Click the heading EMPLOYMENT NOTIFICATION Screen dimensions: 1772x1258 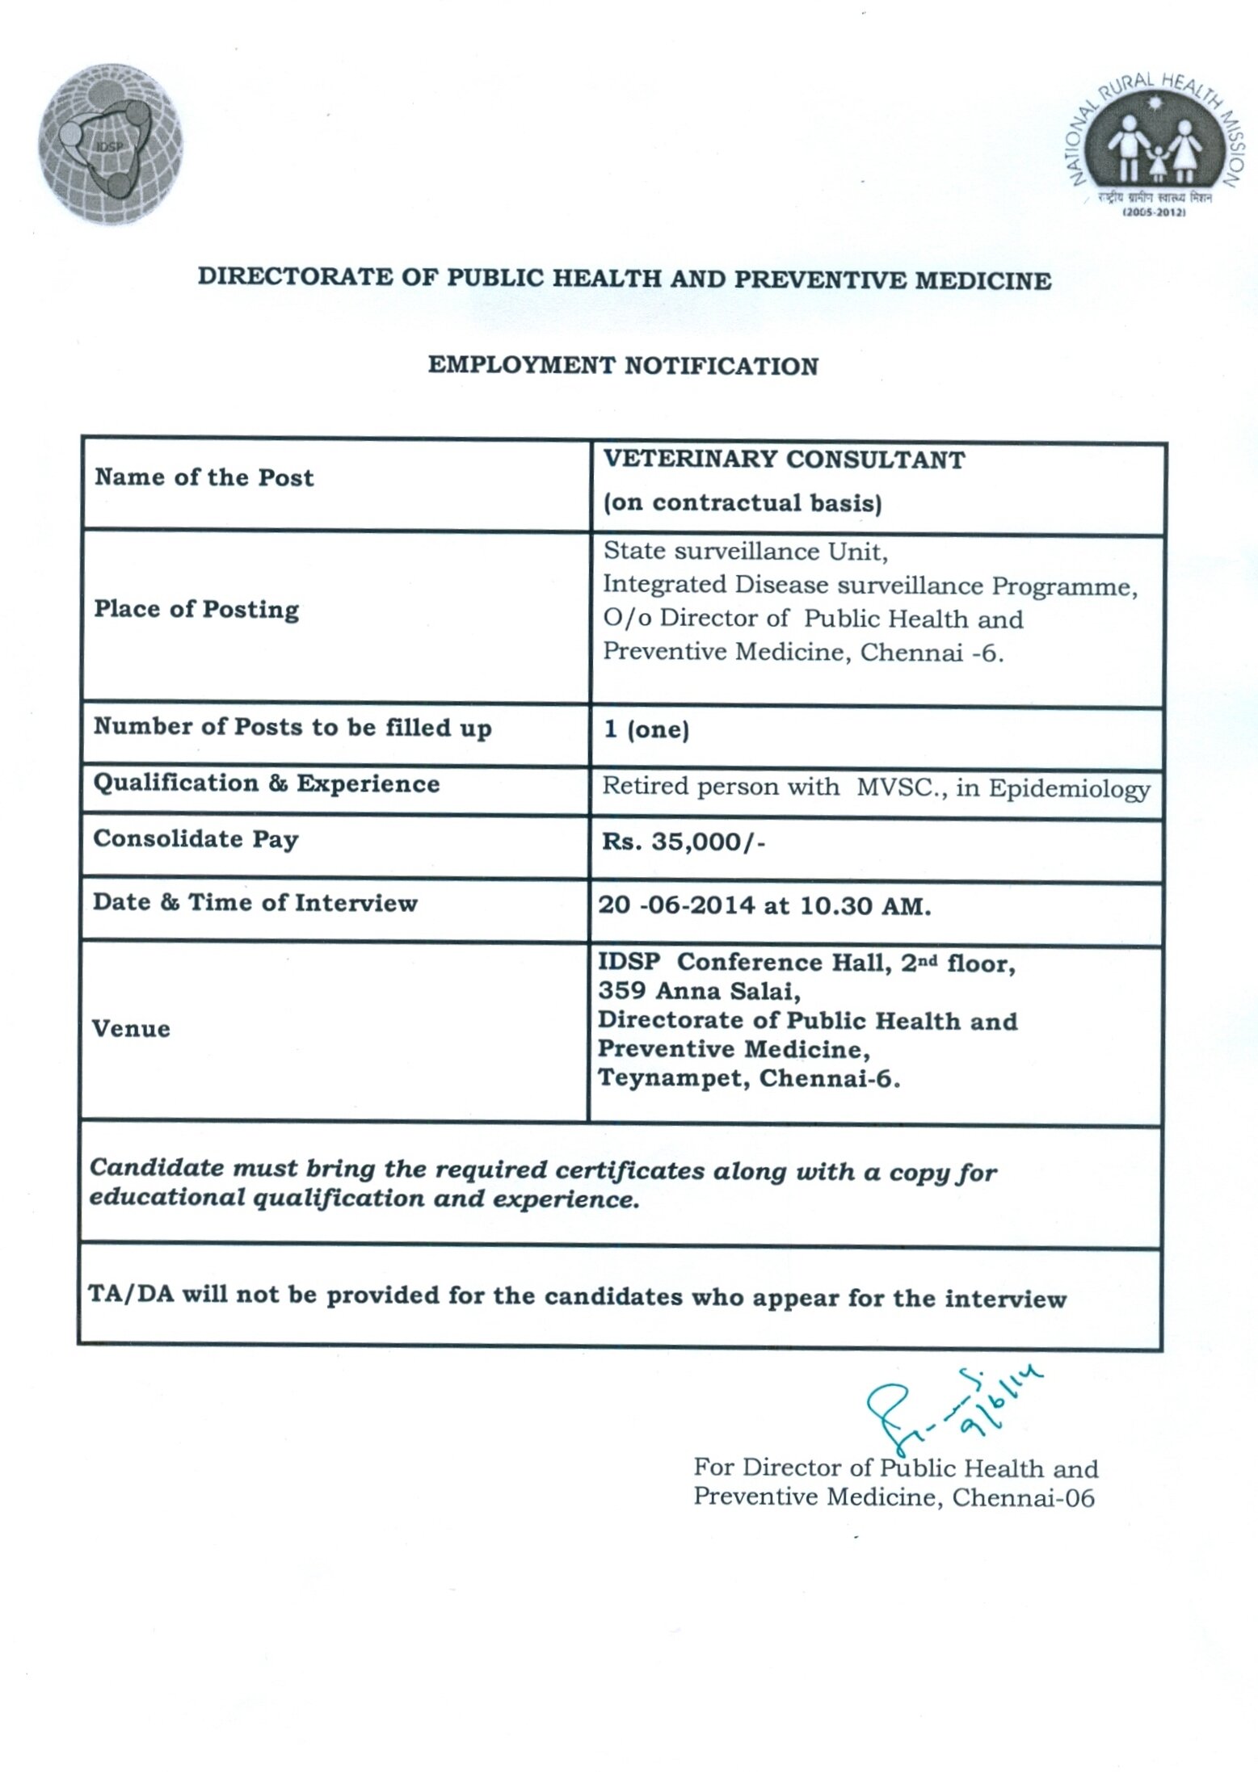pyautogui.click(x=623, y=366)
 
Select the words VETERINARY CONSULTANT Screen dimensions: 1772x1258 pyautogui.click(x=785, y=460)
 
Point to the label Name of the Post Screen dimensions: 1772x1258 pyautogui.click(x=204, y=477)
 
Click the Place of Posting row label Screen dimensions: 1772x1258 pyautogui.click(x=196, y=609)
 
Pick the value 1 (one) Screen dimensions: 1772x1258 pyautogui.click(x=646, y=729)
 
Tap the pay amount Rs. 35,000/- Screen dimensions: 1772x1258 pyautogui.click(x=684, y=842)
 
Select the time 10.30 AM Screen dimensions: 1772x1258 pyautogui.click(x=865, y=906)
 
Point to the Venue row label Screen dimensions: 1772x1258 pyautogui.click(x=131, y=1029)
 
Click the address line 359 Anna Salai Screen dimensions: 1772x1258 pyautogui.click(x=699, y=991)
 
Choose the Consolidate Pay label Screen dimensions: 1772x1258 pyautogui.click(x=196, y=839)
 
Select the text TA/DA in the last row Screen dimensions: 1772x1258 pyautogui.click(x=130, y=1295)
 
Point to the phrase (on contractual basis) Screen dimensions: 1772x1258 pyautogui.click(x=743, y=503)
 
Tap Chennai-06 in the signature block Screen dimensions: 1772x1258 pyautogui.click(x=1023, y=1498)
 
